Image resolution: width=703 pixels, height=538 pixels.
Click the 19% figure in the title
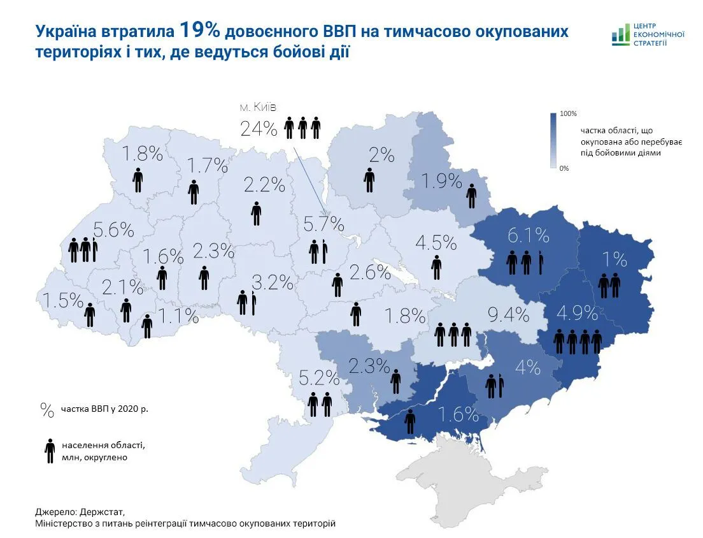[200, 30]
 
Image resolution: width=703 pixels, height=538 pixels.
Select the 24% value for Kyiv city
[259, 129]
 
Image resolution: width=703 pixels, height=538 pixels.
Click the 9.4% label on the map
[508, 314]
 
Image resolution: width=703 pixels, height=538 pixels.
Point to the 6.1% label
[528, 236]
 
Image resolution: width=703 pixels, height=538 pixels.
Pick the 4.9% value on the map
[577, 313]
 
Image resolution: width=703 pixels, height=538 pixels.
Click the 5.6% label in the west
[113, 229]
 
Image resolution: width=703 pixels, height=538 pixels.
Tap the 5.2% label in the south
[319, 379]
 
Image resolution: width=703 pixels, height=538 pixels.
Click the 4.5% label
[436, 243]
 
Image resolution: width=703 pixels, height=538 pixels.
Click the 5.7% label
[323, 224]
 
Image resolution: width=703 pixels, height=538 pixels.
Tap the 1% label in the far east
[615, 259]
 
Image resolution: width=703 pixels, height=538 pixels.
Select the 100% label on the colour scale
[568, 113]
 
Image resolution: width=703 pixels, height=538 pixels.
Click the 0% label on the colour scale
[564, 168]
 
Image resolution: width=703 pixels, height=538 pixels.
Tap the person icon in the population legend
[49, 451]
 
